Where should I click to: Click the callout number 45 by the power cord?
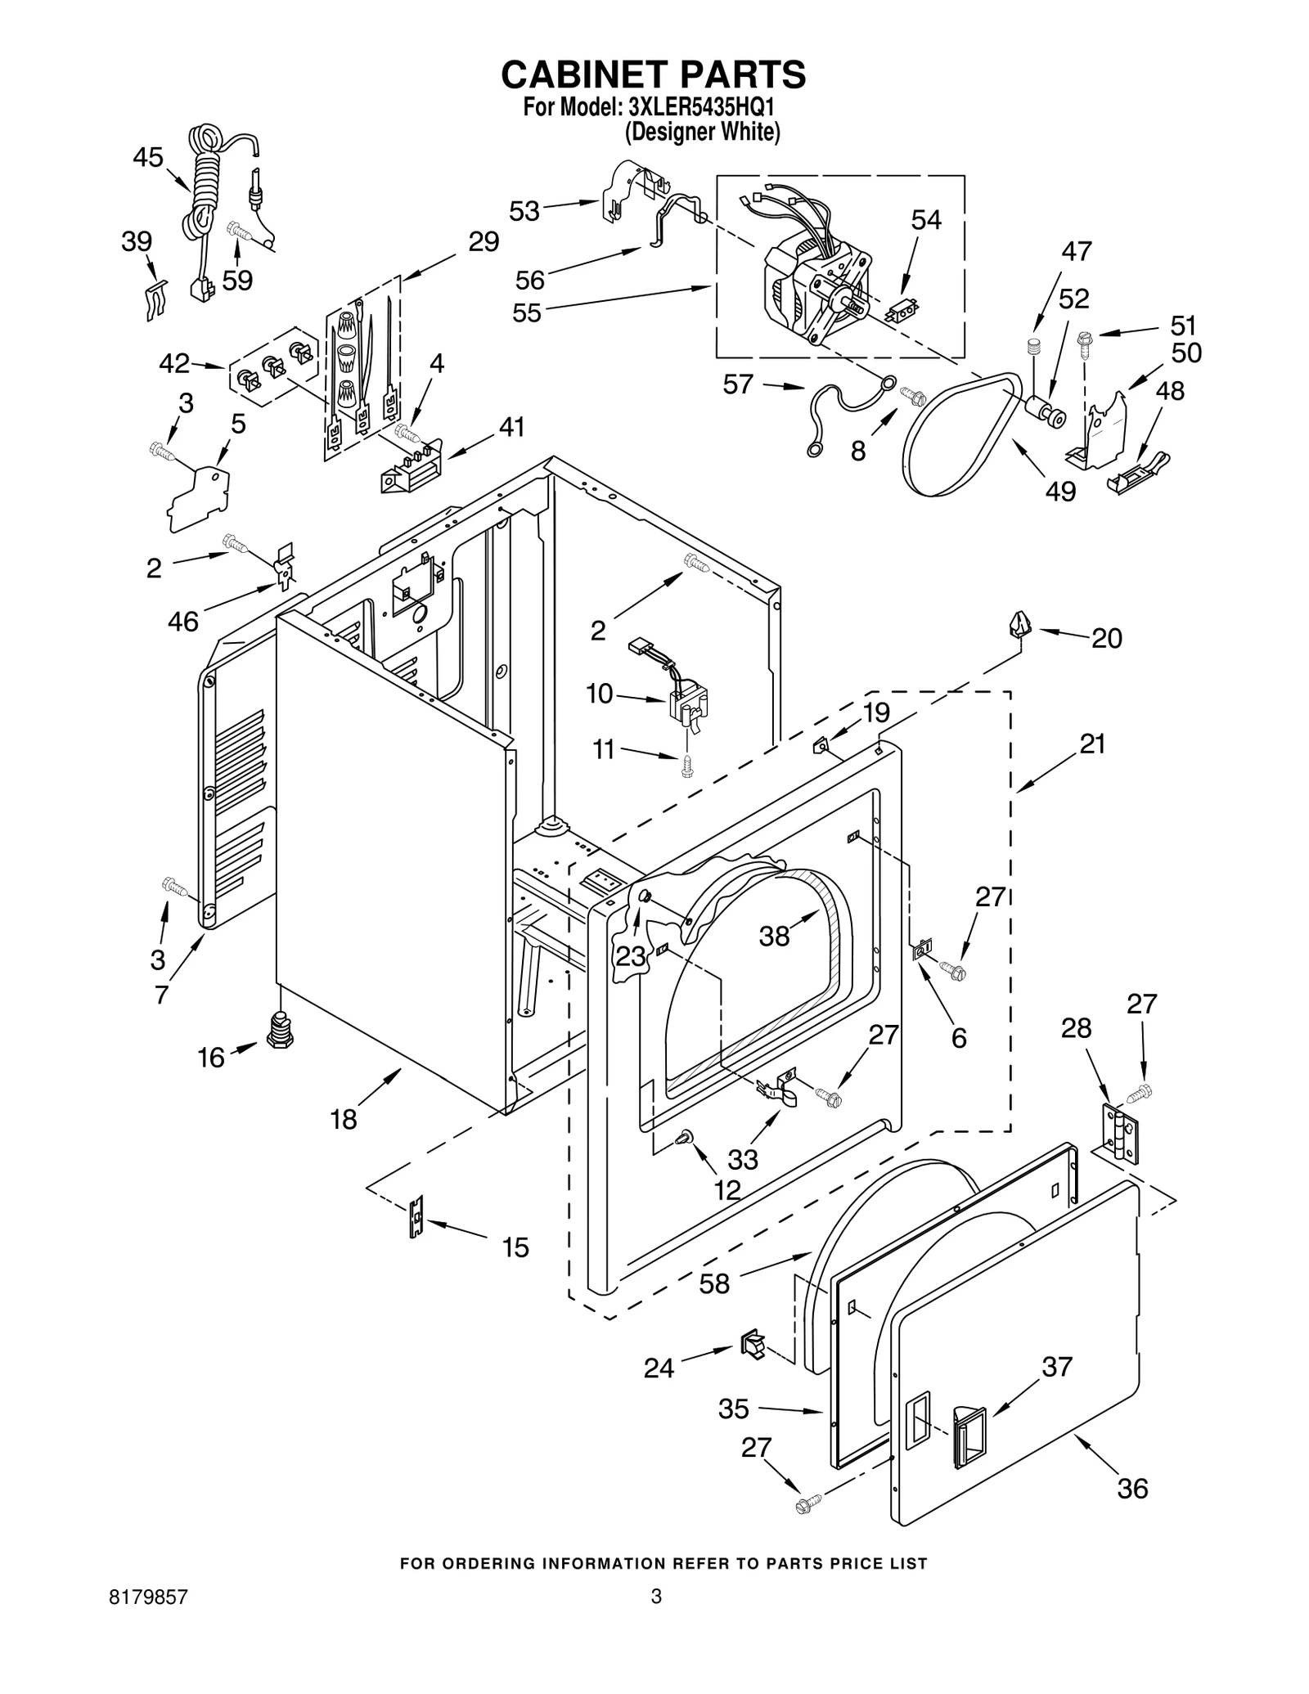tap(148, 156)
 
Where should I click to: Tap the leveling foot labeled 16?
tap(280, 1031)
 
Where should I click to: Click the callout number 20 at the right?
tap(1106, 638)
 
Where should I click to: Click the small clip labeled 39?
tap(155, 299)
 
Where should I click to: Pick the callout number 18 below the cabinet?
tap(344, 1119)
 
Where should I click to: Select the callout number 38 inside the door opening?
tap(774, 936)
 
